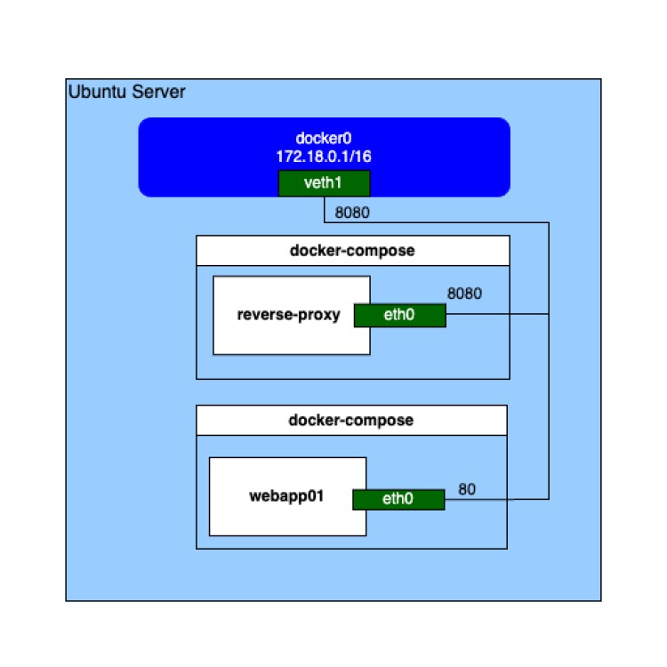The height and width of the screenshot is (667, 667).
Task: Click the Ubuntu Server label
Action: click(x=127, y=92)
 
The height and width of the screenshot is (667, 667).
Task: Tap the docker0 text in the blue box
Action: click(x=324, y=140)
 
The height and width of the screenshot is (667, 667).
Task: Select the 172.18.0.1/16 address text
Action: click(x=324, y=156)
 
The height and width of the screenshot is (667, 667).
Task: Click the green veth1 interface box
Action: click(x=324, y=183)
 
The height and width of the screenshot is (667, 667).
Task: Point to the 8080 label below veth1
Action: click(x=352, y=213)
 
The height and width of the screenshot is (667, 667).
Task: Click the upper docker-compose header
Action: click(x=352, y=251)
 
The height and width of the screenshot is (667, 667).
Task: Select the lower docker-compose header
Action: click(x=351, y=420)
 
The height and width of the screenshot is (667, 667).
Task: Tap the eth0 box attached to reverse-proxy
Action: click(x=399, y=315)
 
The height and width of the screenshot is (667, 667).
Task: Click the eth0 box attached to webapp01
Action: click(x=398, y=500)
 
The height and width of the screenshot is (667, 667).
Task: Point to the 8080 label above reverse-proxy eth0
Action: click(x=464, y=293)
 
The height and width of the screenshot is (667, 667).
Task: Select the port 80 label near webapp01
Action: click(x=468, y=489)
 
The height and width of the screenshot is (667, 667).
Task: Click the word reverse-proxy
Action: click(x=289, y=315)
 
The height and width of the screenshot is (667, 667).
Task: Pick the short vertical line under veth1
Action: click(x=324, y=209)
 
